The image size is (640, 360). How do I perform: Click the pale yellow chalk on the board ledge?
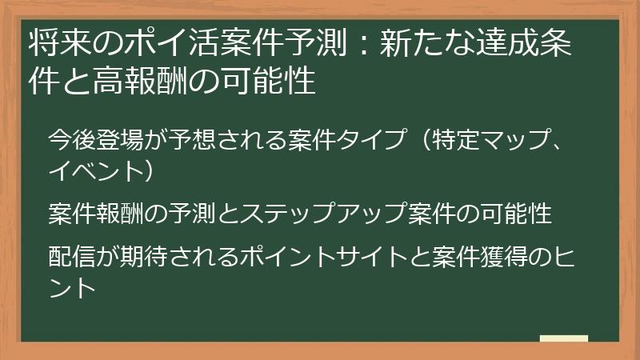coord(563,338)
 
